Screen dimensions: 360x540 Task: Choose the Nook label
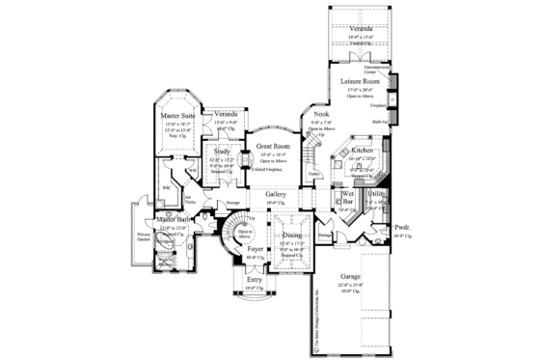pos(321,114)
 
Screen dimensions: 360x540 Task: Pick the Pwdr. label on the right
pos(400,229)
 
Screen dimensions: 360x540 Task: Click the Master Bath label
pos(170,221)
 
